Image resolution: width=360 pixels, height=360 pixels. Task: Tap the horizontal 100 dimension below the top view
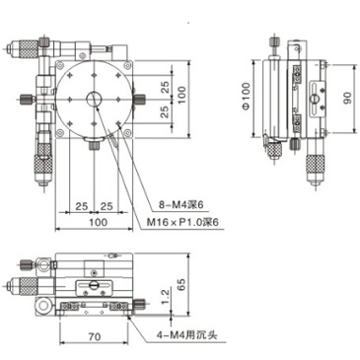tap(96, 224)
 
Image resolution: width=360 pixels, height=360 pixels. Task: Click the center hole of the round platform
tap(96, 99)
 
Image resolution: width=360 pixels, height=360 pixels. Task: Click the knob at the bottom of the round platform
tap(96, 146)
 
